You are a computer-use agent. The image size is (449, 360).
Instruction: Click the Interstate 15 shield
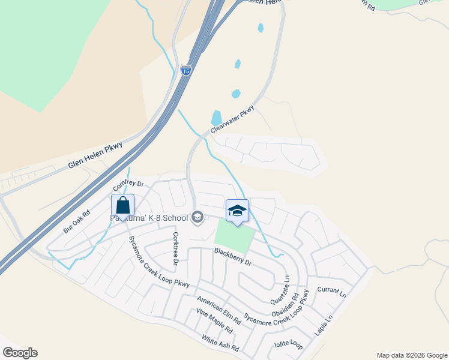point(186,70)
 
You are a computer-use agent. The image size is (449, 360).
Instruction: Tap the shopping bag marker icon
point(122,206)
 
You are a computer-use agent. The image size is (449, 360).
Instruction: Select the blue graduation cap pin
point(237,211)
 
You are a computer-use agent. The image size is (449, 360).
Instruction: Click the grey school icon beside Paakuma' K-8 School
point(197,217)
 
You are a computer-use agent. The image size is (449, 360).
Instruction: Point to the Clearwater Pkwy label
point(232,120)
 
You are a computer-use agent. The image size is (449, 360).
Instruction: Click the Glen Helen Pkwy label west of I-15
point(95,154)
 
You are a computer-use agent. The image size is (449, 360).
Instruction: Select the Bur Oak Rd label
point(76,221)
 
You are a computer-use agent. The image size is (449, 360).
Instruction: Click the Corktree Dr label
point(176,248)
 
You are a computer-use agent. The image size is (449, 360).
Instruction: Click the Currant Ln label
point(332,292)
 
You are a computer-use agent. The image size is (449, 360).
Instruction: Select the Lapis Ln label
point(323,326)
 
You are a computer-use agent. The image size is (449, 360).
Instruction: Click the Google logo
point(20,352)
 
